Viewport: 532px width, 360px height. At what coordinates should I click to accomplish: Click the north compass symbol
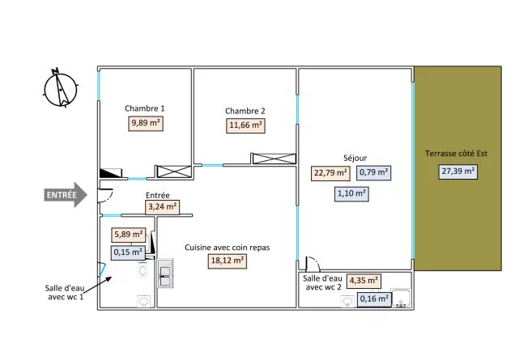[61, 88]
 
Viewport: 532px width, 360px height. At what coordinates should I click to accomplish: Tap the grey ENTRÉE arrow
[66, 195]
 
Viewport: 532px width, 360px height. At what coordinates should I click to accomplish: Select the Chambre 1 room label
[144, 108]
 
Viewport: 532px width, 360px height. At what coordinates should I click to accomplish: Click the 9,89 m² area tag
[146, 123]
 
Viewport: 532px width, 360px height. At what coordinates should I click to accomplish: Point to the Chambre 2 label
[245, 111]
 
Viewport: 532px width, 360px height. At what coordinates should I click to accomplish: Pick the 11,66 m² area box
[245, 125]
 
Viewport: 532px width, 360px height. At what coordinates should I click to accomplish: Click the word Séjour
[355, 158]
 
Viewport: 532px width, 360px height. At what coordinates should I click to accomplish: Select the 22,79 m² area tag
[330, 173]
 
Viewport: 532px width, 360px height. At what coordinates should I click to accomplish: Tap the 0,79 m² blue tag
[373, 172]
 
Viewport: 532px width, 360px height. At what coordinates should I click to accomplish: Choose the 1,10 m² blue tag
[351, 194]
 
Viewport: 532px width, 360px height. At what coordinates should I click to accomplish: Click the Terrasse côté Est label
[456, 154]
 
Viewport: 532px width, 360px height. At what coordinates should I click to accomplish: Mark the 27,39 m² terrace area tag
[458, 172]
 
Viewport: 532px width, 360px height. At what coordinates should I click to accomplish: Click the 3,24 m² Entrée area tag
[162, 207]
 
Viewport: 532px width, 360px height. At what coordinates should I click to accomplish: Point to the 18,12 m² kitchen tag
[228, 261]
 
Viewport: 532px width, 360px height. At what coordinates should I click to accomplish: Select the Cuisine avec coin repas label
[227, 248]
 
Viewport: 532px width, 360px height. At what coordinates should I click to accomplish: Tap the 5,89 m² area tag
[129, 235]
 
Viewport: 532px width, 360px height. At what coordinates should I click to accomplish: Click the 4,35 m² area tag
[364, 281]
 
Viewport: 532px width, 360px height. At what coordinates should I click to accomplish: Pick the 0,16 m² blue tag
[374, 299]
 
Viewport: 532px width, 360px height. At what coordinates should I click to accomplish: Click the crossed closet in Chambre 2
[274, 159]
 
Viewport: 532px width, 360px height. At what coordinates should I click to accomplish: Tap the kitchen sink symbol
[165, 273]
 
